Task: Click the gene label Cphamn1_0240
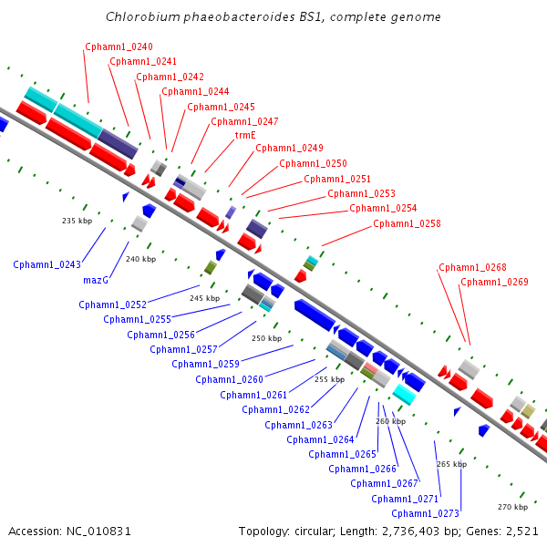click(119, 46)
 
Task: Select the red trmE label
click(245, 135)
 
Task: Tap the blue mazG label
click(96, 281)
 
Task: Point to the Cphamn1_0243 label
click(46, 264)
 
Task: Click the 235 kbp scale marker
click(77, 221)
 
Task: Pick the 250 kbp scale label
click(266, 338)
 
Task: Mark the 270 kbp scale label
click(512, 507)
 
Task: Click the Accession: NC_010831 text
click(70, 532)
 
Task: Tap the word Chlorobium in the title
click(143, 16)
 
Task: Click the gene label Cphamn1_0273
click(425, 513)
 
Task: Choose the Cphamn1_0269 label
click(494, 282)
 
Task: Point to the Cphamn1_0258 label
click(407, 223)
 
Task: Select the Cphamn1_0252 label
click(113, 304)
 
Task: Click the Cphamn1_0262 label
click(276, 409)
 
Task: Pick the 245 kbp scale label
click(205, 298)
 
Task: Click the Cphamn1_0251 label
click(337, 179)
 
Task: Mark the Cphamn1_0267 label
click(384, 483)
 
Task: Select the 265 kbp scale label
click(452, 464)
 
